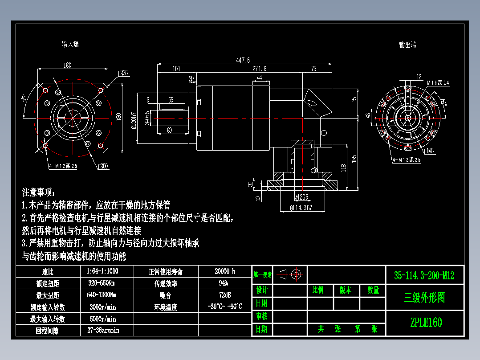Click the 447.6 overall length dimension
click(x=243, y=60)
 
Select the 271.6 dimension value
click(x=259, y=69)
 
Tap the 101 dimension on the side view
click(x=176, y=69)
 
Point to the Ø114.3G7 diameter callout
click(x=301, y=207)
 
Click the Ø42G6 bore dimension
click(x=302, y=196)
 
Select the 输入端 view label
click(x=70, y=45)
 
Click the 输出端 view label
click(x=407, y=45)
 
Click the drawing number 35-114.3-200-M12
click(x=424, y=276)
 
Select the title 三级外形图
click(x=424, y=298)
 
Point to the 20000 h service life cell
click(x=224, y=271)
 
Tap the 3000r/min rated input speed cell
click(x=103, y=307)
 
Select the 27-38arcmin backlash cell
click(x=103, y=331)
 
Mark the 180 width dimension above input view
click(x=67, y=65)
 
